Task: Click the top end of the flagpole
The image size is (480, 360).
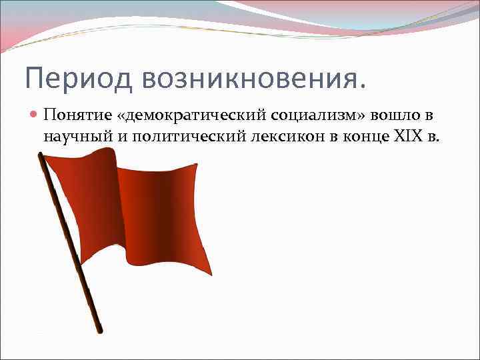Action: coord(41,155)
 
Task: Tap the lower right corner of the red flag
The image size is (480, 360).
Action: coord(212,275)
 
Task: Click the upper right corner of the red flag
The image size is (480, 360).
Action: coord(197,164)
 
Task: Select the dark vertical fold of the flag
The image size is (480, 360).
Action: coord(167,213)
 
